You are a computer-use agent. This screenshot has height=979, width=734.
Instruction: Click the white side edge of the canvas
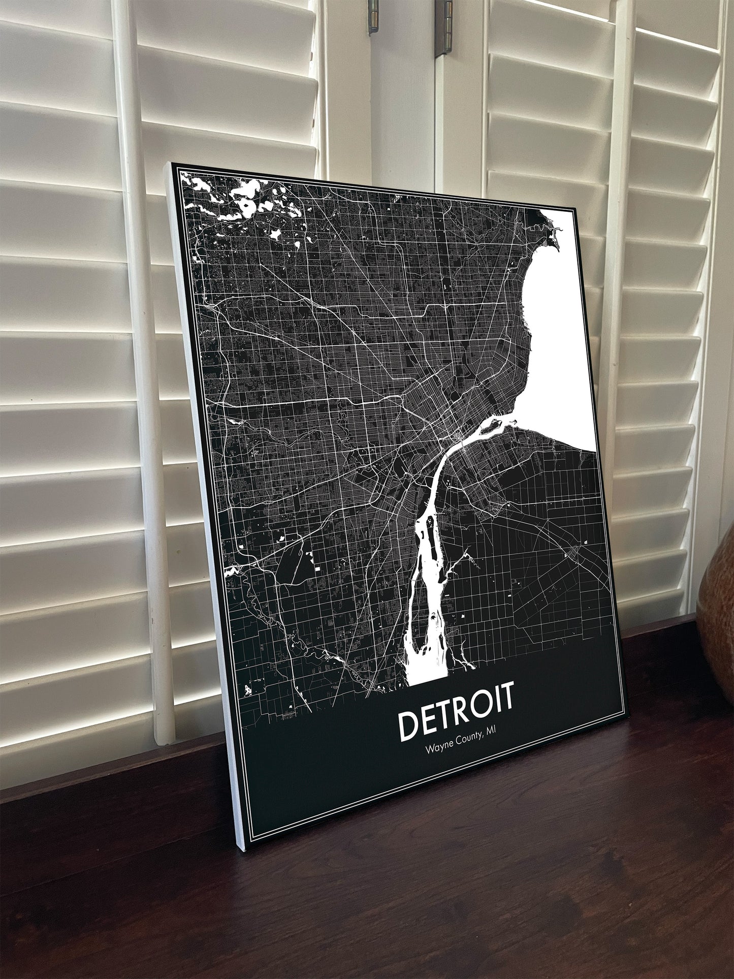pos(203,508)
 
